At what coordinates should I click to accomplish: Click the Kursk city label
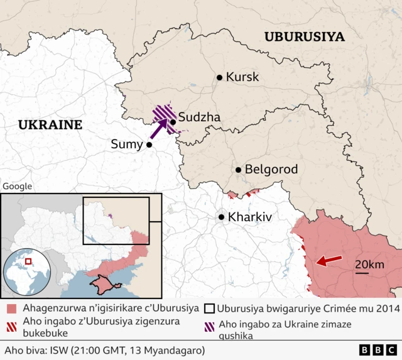(x=242, y=77)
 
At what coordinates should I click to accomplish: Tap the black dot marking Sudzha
(x=173, y=122)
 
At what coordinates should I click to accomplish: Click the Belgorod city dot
(x=239, y=170)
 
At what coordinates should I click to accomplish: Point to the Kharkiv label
(x=250, y=217)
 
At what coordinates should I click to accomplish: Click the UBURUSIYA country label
(x=304, y=36)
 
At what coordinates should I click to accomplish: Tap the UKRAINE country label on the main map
(x=50, y=124)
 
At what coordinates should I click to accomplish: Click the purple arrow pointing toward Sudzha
(x=160, y=128)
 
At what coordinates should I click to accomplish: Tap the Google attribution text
(x=17, y=186)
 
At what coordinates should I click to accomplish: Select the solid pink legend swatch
(x=12, y=309)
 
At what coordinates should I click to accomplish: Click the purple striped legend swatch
(x=208, y=325)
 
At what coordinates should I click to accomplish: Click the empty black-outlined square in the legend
(x=208, y=308)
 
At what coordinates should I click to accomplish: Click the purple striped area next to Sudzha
(x=165, y=114)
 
